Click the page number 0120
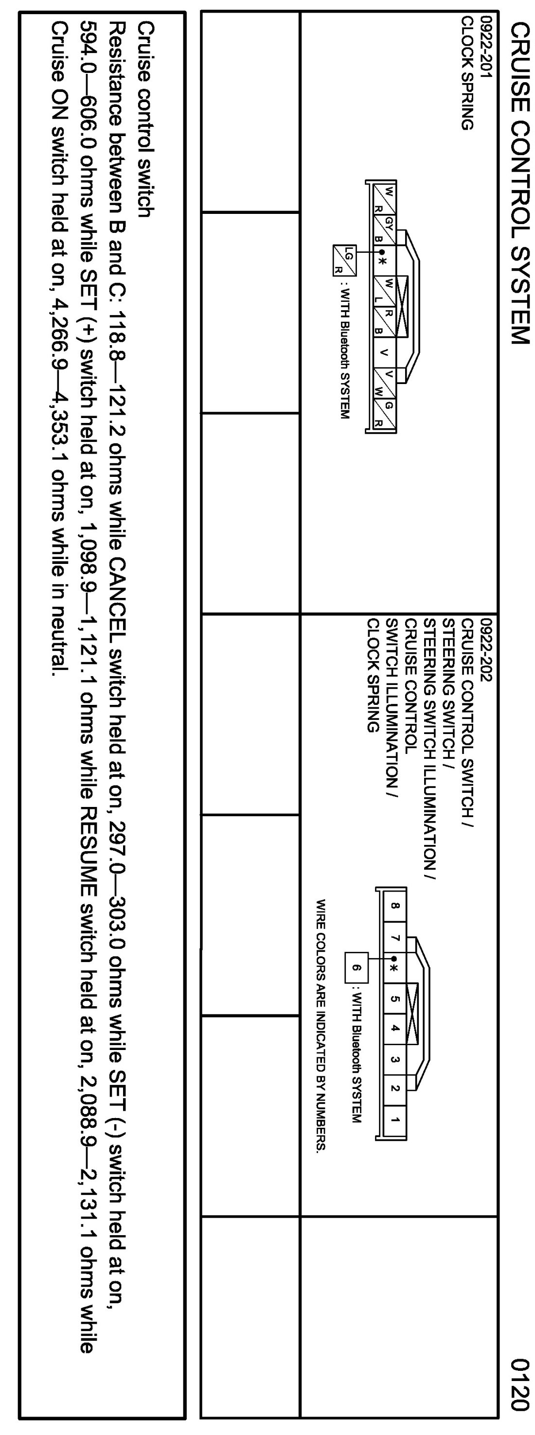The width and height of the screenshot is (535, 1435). pos(519,1390)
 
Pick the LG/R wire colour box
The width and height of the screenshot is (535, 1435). pos(343,260)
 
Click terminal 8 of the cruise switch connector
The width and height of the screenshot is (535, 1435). pos(394,906)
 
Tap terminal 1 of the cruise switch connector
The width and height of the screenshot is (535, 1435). pos(394,1119)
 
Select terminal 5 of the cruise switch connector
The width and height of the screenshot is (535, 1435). pos(394,998)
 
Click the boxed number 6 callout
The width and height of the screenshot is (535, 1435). pos(357,968)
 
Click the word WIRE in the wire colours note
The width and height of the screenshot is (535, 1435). pos(321,913)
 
